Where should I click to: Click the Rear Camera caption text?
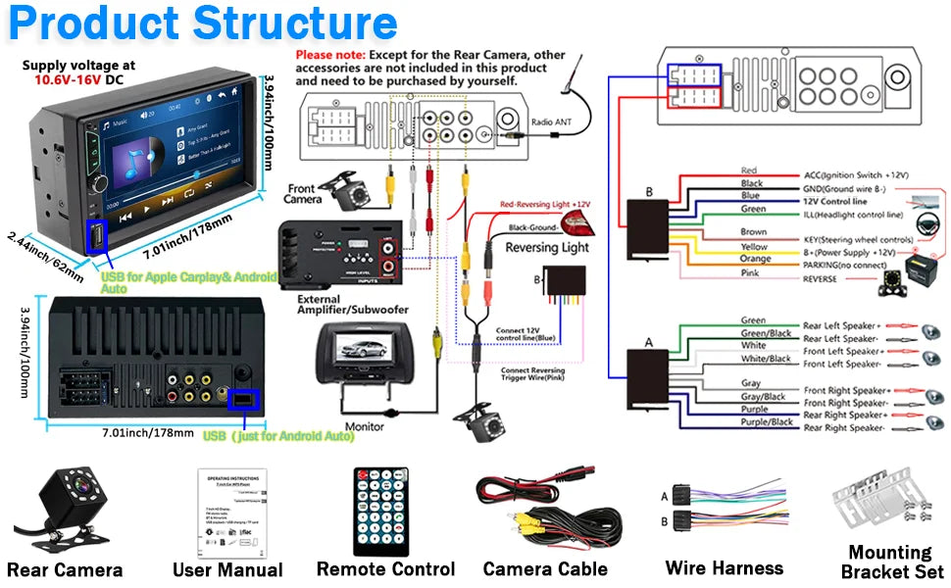pyautogui.click(x=65, y=569)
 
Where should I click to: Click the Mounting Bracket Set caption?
pyautogui.click(x=891, y=562)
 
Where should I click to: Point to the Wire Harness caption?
pyautogui.click(x=724, y=567)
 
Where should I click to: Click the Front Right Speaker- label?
pyautogui.click(x=845, y=403)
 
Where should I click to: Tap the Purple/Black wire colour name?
pyautogui.click(x=767, y=422)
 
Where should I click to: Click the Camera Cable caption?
pyautogui.click(x=545, y=568)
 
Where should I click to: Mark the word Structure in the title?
pyautogui.click(x=295, y=24)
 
